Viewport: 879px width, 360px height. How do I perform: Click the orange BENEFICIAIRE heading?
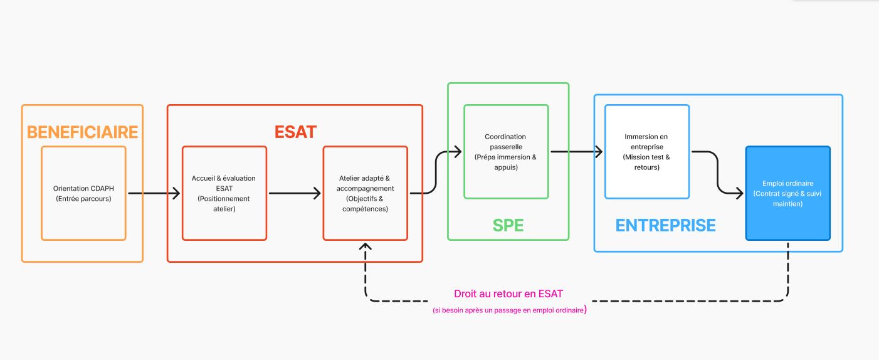[82, 132]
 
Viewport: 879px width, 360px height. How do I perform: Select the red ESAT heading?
[295, 132]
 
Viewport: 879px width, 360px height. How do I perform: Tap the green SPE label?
[508, 225]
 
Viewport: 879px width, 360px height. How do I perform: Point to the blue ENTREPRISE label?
[665, 225]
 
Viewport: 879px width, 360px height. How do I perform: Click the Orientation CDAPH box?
[83, 193]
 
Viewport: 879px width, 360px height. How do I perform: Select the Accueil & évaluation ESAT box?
[224, 193]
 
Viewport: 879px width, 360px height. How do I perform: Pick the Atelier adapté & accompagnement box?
[365, 193]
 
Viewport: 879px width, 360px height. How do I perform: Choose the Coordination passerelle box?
[505, 152]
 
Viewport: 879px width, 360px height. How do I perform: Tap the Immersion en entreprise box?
[646, 152]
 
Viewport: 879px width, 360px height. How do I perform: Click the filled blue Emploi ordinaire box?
[787, 193]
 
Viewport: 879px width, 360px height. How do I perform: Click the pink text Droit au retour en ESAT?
[508, 294]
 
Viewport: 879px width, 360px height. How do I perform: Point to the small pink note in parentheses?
[509, 310]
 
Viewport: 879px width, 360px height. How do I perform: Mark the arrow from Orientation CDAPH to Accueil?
[154, 193]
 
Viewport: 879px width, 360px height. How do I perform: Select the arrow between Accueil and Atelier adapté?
[295, 193]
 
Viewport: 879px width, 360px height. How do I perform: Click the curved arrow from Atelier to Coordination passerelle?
[436, 172]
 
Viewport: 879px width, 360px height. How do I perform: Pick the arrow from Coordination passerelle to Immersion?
[576, 152]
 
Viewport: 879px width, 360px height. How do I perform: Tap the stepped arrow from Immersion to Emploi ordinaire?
[717, 172]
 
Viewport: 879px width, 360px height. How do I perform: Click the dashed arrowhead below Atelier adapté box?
[366, 246]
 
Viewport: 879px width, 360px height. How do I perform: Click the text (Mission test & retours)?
[646, 162]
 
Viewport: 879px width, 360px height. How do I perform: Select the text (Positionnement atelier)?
[224, 204]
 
